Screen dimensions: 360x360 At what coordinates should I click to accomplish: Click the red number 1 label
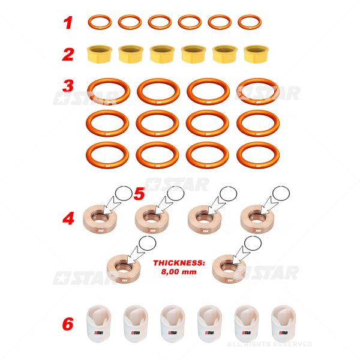tap(68, 23)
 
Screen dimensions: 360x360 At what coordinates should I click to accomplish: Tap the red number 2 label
tap(68, 55)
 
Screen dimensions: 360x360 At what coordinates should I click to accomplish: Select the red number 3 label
tap(68, 86)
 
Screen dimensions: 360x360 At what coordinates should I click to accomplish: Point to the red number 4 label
tap(68, 218)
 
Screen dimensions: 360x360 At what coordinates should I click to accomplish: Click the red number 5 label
tap(139, 194)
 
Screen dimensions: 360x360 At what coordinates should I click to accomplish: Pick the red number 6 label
tap(68, 324)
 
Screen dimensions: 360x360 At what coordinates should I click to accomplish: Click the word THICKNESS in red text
tap(179, 263)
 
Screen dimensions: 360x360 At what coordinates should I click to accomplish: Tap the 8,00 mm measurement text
tap(179, 272)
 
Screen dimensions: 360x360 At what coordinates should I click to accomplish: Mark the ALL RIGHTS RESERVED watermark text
tap(269, 344)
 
